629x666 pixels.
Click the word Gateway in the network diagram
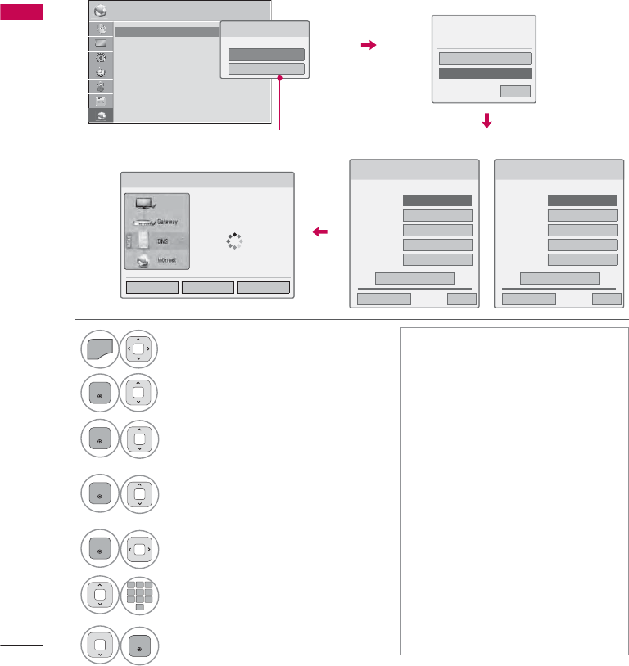click(x=166, y=222)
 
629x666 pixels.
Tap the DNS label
click(x=162, y=242)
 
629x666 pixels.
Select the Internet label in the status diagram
click(x=167, y=260)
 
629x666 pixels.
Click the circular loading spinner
click(x=236, y=241)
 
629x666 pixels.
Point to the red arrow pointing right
click(x=368, y=47)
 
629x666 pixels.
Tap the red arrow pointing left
click(x=320, y=233)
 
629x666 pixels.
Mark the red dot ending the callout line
click(x=280, y=79)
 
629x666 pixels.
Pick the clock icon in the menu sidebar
click(x=101, y=72)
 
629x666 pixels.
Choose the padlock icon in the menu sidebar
click(x=101, y=86)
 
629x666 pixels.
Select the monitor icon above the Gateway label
click(x=145, y=201)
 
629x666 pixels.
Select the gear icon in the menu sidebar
click(x=101, y=57)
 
